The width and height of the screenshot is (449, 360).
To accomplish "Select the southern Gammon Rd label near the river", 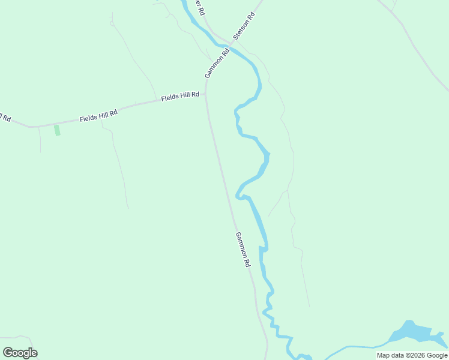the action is point(242,249).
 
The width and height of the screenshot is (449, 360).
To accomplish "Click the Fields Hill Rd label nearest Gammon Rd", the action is point(179,97).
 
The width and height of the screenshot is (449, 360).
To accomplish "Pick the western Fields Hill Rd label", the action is point(98,116).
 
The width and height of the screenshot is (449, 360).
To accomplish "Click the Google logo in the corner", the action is point(20,353).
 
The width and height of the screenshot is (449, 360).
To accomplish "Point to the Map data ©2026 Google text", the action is point(412,355).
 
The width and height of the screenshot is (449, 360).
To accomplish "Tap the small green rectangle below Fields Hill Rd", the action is point(57,130).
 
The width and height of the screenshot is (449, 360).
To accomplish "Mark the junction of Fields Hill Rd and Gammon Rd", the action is point(206,93).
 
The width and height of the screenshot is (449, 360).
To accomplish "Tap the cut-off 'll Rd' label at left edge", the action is point(5,117).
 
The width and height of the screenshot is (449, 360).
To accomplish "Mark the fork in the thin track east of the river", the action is point(288,191).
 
